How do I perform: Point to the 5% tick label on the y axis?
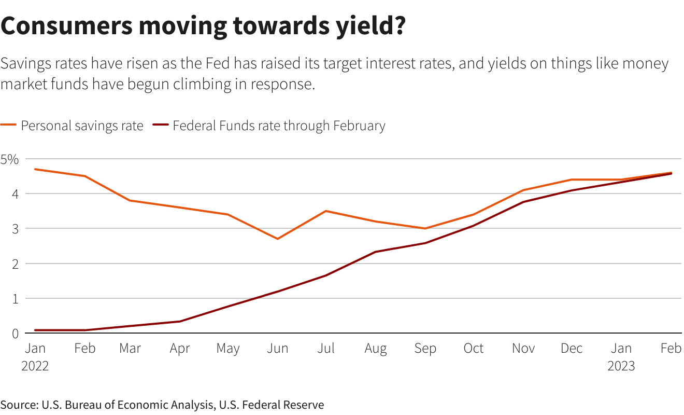[x=9, y=159]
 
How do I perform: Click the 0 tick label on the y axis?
[x=16, y=334]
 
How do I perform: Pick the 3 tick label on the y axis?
[x=16, y=229]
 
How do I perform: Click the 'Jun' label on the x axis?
[x=277, y=349]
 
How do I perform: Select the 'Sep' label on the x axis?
[x=425, y=349]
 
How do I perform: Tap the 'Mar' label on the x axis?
[x=130, y=349]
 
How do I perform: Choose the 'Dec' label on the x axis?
[x=572, y=349]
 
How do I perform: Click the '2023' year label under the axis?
[x=621, y=366]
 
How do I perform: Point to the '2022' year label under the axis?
[x=35, y=366]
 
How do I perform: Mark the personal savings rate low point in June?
[x=278, y=239]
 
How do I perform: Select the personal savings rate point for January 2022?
[x=35, y=169]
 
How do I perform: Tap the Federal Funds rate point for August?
[x=375, y=252]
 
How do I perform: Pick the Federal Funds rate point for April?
[x=180, y=321]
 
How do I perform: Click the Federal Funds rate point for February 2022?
[x=85, y=330]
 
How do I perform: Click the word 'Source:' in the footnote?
[x=18, y=405]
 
